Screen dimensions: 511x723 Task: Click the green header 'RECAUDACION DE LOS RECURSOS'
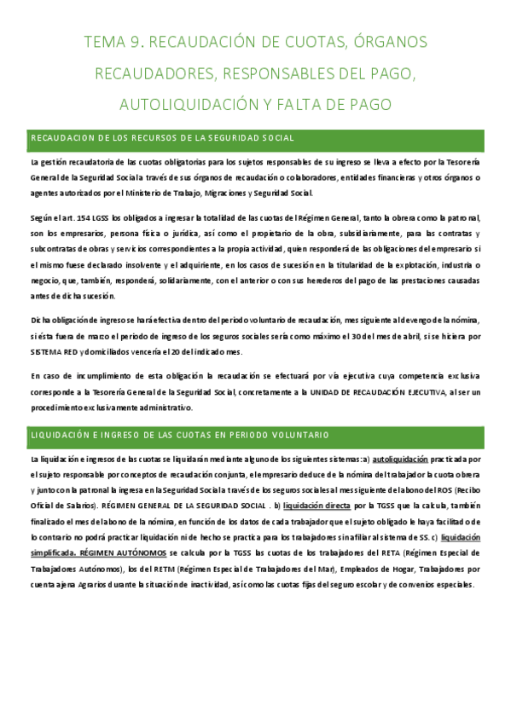point(163,138)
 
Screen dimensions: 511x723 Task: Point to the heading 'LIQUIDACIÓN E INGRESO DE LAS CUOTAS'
point(180,435)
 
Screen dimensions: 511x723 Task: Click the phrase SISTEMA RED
point(53,351)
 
